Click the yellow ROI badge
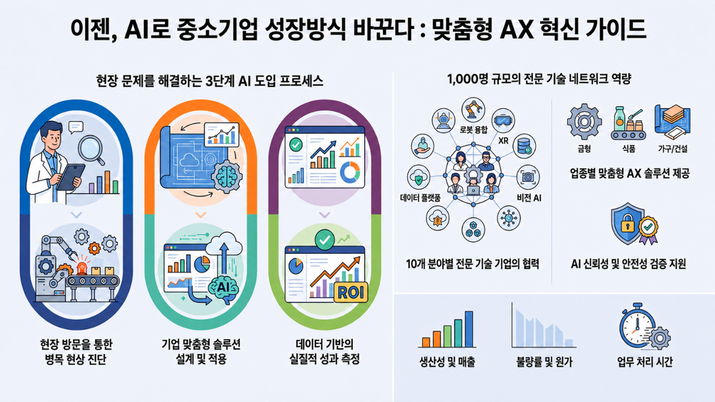coord(350,292)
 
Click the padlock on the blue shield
coord(627,224)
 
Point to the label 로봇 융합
coord(474,130)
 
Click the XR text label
coord(503,140)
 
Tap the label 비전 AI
coord(529,198)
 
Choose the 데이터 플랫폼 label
coord(420,198)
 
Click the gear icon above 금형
coord(584,121)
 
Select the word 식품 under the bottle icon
coord(629,149)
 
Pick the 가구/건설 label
coord(673,149)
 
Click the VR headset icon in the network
coord(503,120)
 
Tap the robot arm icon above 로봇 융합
coord(474,109)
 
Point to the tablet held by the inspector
coord(71,178)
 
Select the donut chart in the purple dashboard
coord(350,173)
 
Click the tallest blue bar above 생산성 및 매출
coord(469,329)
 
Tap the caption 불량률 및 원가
coord(545,362)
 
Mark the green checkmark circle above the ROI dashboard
coord(325,240)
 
